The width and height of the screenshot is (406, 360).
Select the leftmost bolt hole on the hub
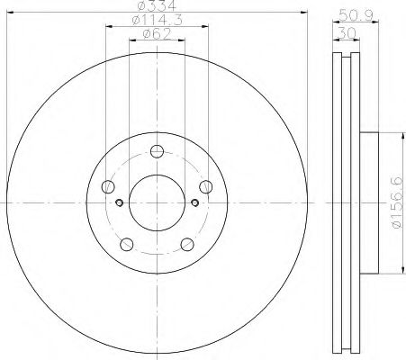(x=108, y=187)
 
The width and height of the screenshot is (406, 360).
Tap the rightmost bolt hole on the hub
(x=205, y=187)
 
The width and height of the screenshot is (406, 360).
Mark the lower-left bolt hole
(x=127, y=244)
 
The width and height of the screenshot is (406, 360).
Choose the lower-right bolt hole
(x=186, y=244)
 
